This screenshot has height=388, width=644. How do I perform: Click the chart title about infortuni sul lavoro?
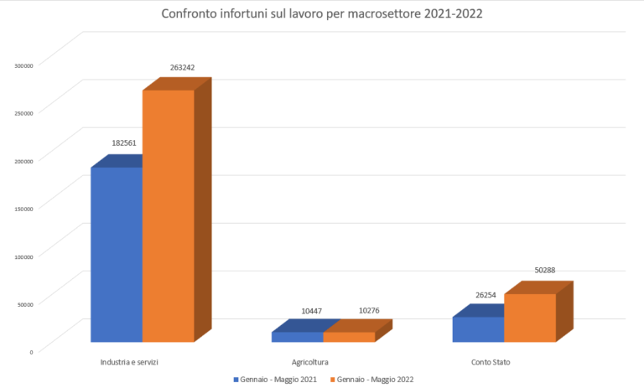[x=322, y=15]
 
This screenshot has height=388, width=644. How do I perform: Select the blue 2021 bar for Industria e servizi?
[x=117, y=255]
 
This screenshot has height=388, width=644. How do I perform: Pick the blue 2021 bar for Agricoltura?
[x=298, y=337]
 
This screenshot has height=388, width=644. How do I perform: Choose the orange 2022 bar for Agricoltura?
[x=349, y=337]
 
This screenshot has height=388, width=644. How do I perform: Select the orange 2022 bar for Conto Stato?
[x=530, y=318]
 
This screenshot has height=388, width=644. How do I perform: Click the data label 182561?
[x=124, y=143]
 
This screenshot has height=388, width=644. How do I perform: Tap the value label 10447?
[x=311, y=311]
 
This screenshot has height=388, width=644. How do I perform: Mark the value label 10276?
[x=369, y=311]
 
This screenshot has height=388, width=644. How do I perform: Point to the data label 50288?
[x=545, y=271]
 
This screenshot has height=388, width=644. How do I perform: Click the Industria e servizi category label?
[x=129, y=362]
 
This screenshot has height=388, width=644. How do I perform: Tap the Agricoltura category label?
[x=309, y=362]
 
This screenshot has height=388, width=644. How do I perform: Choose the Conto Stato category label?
[x=491, y=362]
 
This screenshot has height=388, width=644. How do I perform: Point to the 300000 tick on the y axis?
[x=23, y=65]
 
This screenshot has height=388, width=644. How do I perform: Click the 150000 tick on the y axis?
[x=23, y=208]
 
